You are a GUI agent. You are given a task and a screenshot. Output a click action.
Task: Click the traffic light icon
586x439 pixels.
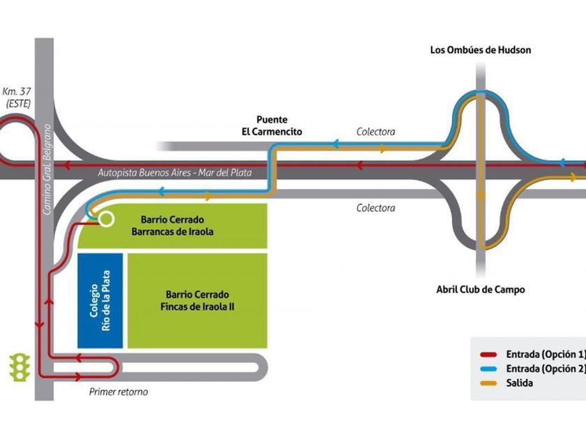[x=20, y=367]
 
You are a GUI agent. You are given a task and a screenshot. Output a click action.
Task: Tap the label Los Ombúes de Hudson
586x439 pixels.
[x=481, y=50]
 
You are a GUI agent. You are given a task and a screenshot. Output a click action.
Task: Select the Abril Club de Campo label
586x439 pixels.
[x=481, y=289]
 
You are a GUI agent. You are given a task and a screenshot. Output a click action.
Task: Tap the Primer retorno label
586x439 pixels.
[x=119, y=392]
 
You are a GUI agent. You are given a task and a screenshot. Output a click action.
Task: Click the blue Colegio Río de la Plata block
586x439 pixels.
[x=100, y=300]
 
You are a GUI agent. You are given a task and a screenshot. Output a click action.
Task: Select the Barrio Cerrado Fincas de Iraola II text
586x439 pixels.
[x=197, y=300]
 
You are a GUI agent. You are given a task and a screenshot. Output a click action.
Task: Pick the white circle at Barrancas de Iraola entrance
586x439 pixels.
[x=106, y=219]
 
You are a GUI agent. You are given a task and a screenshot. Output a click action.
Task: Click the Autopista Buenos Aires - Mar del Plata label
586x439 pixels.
[x=174, y=172]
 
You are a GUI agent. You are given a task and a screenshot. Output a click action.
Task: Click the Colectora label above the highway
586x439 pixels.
[x=375, y=132]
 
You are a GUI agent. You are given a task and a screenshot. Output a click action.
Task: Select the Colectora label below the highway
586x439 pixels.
[x=375, y=208]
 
